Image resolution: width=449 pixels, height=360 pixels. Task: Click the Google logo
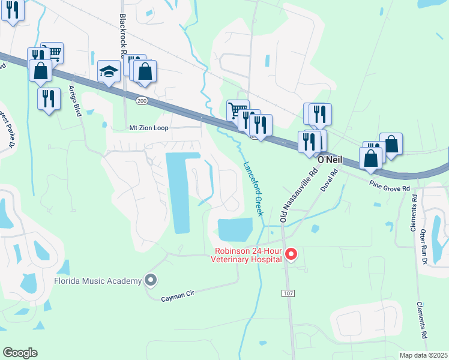(20, 353)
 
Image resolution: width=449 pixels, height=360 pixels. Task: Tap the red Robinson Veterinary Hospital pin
(291, 254)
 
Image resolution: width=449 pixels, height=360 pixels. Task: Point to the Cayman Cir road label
(179, 297)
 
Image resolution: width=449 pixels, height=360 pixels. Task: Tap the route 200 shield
(141, 100)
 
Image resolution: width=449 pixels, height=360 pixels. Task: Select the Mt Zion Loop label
(149, 128)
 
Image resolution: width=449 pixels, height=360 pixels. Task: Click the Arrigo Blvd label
(77, 97)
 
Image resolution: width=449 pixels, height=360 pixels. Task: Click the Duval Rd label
(330, 179)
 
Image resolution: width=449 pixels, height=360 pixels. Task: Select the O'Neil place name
(329, 160)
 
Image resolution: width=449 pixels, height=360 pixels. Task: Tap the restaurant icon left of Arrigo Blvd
(49, 98)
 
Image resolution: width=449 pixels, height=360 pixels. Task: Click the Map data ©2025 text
(423, 355)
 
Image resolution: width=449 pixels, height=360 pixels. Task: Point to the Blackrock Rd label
(122, 33)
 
